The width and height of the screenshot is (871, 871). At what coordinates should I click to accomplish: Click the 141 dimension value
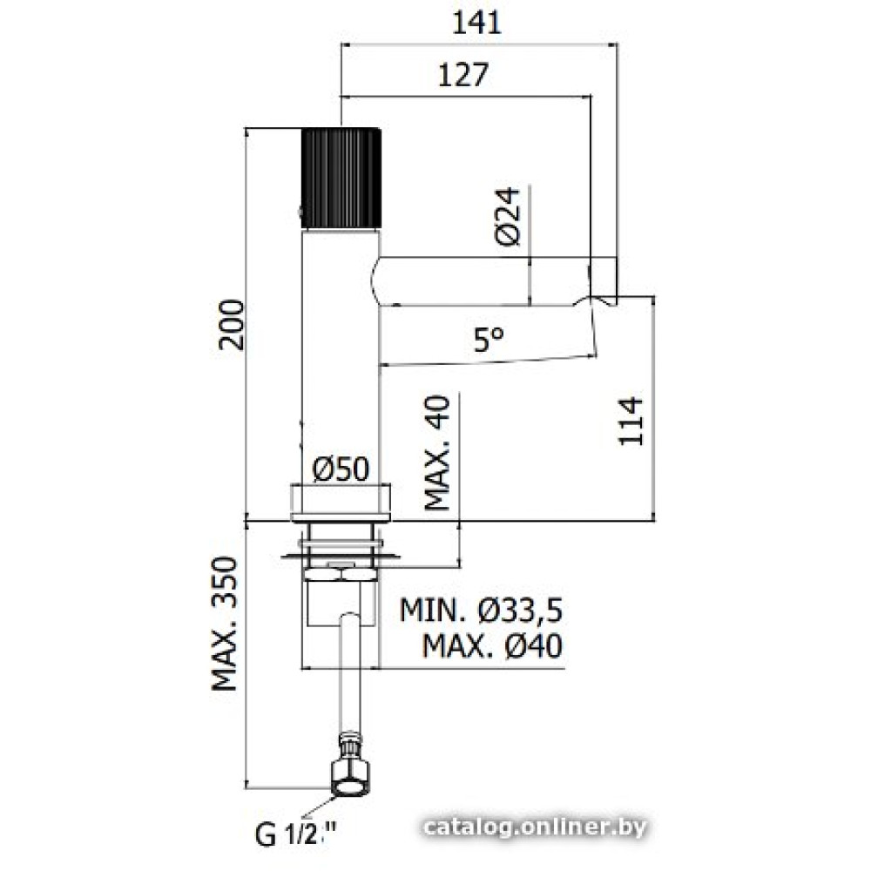pos(477,23)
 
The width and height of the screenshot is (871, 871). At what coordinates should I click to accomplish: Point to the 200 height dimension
pos(231,325)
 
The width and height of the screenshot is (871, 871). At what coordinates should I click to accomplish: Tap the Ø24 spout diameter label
pos(508,216)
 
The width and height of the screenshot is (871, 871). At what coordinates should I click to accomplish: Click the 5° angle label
pos(489,339)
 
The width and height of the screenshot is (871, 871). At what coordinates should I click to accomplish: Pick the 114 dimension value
pos(631,421)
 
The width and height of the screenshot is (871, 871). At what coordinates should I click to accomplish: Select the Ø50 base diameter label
pos(341,469)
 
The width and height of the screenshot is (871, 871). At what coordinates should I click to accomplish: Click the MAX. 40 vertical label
pos(437,453)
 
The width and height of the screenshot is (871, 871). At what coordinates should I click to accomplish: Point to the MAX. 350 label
pos(225,624)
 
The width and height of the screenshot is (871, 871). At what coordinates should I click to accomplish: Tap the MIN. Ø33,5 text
pos(481,610)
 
